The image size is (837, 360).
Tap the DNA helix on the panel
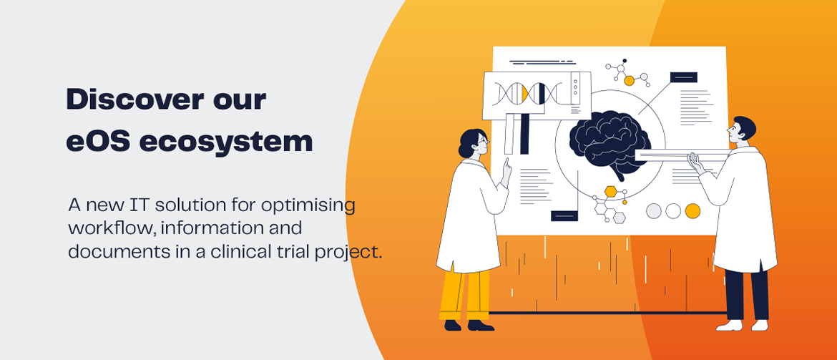(524, 92)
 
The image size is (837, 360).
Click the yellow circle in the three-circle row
(692, 211)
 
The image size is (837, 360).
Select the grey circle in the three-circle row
(654, 211)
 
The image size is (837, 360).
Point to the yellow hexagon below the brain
(610, 191)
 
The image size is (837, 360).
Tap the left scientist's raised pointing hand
(507, 169)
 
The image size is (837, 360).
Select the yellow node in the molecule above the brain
(629, 81)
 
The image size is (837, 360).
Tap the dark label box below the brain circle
(564, 215)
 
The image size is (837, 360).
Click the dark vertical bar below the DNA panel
(524, 133)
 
